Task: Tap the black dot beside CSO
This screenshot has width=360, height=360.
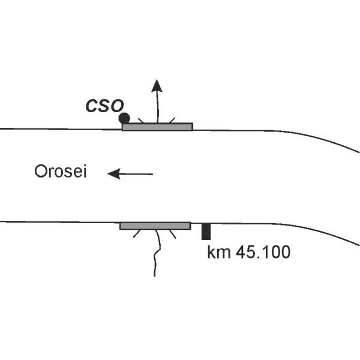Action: (x=124, y=118)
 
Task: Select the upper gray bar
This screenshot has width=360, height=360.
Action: (x=157, y=127)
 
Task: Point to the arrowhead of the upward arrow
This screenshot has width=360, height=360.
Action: (x=157, y=85)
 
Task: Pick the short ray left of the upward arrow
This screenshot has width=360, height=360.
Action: (x=141, y=120)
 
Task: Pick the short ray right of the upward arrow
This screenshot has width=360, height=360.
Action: (x=172, y=120)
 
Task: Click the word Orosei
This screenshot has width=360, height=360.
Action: (x=61, y=173)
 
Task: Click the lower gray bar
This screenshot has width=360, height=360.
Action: (x=155, y=226)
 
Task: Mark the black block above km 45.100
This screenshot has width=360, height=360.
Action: (x=206, y=231)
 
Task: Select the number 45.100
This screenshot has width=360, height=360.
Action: (x=260, y=252)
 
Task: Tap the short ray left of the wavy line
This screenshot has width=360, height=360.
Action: (x=137, y=234)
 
